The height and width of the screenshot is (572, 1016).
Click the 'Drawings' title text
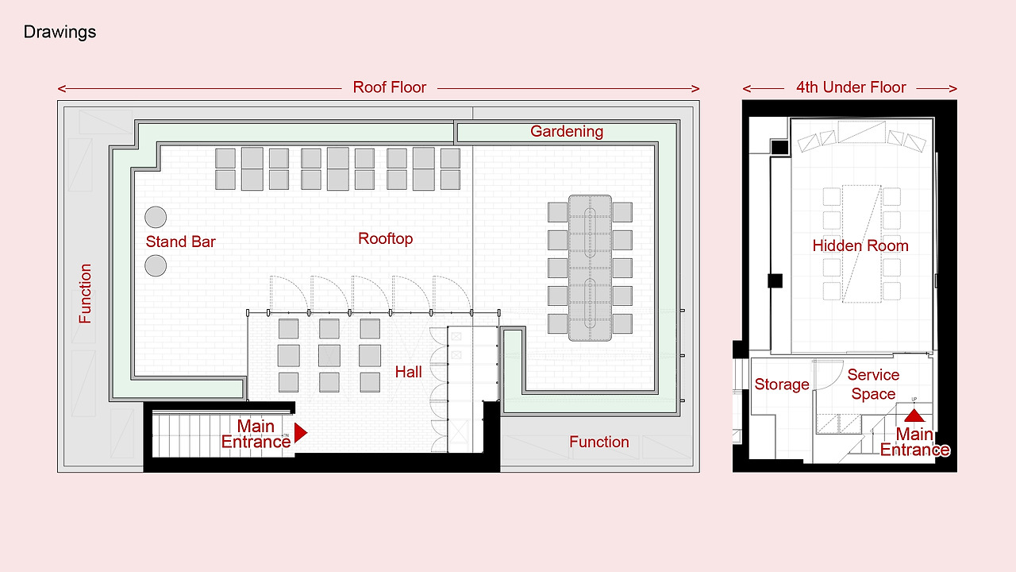coord(60,33)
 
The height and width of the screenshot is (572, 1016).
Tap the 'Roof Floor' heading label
coord(390,87)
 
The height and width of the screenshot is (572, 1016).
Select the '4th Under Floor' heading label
coord(851,87)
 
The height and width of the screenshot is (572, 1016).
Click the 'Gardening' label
coord(567,132)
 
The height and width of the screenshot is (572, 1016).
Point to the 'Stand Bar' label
coord(180,242)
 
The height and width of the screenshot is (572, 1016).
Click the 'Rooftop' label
coord(386,239)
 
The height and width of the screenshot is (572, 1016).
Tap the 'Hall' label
coord(408,373)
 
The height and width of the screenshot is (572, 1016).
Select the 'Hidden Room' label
coord(860,245)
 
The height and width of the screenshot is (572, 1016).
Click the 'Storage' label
coord(782,385)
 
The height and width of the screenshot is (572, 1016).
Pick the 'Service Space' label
coord(873,384)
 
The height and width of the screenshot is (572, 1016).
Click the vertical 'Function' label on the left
coord(85,294)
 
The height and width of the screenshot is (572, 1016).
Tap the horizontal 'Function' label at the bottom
coord(599,442)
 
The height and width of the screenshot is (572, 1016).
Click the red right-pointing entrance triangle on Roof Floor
coord(300,433)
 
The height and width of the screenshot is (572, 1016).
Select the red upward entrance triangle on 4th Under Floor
coord(914,415)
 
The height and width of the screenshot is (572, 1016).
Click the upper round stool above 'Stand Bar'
coord(156,217)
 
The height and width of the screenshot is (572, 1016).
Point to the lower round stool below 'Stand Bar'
coord(156,265)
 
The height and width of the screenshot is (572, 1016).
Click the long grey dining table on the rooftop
coord(590,268)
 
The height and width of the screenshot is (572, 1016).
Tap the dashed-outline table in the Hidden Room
coord(862,244)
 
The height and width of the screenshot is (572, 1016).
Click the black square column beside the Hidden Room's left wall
coord(775,280)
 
